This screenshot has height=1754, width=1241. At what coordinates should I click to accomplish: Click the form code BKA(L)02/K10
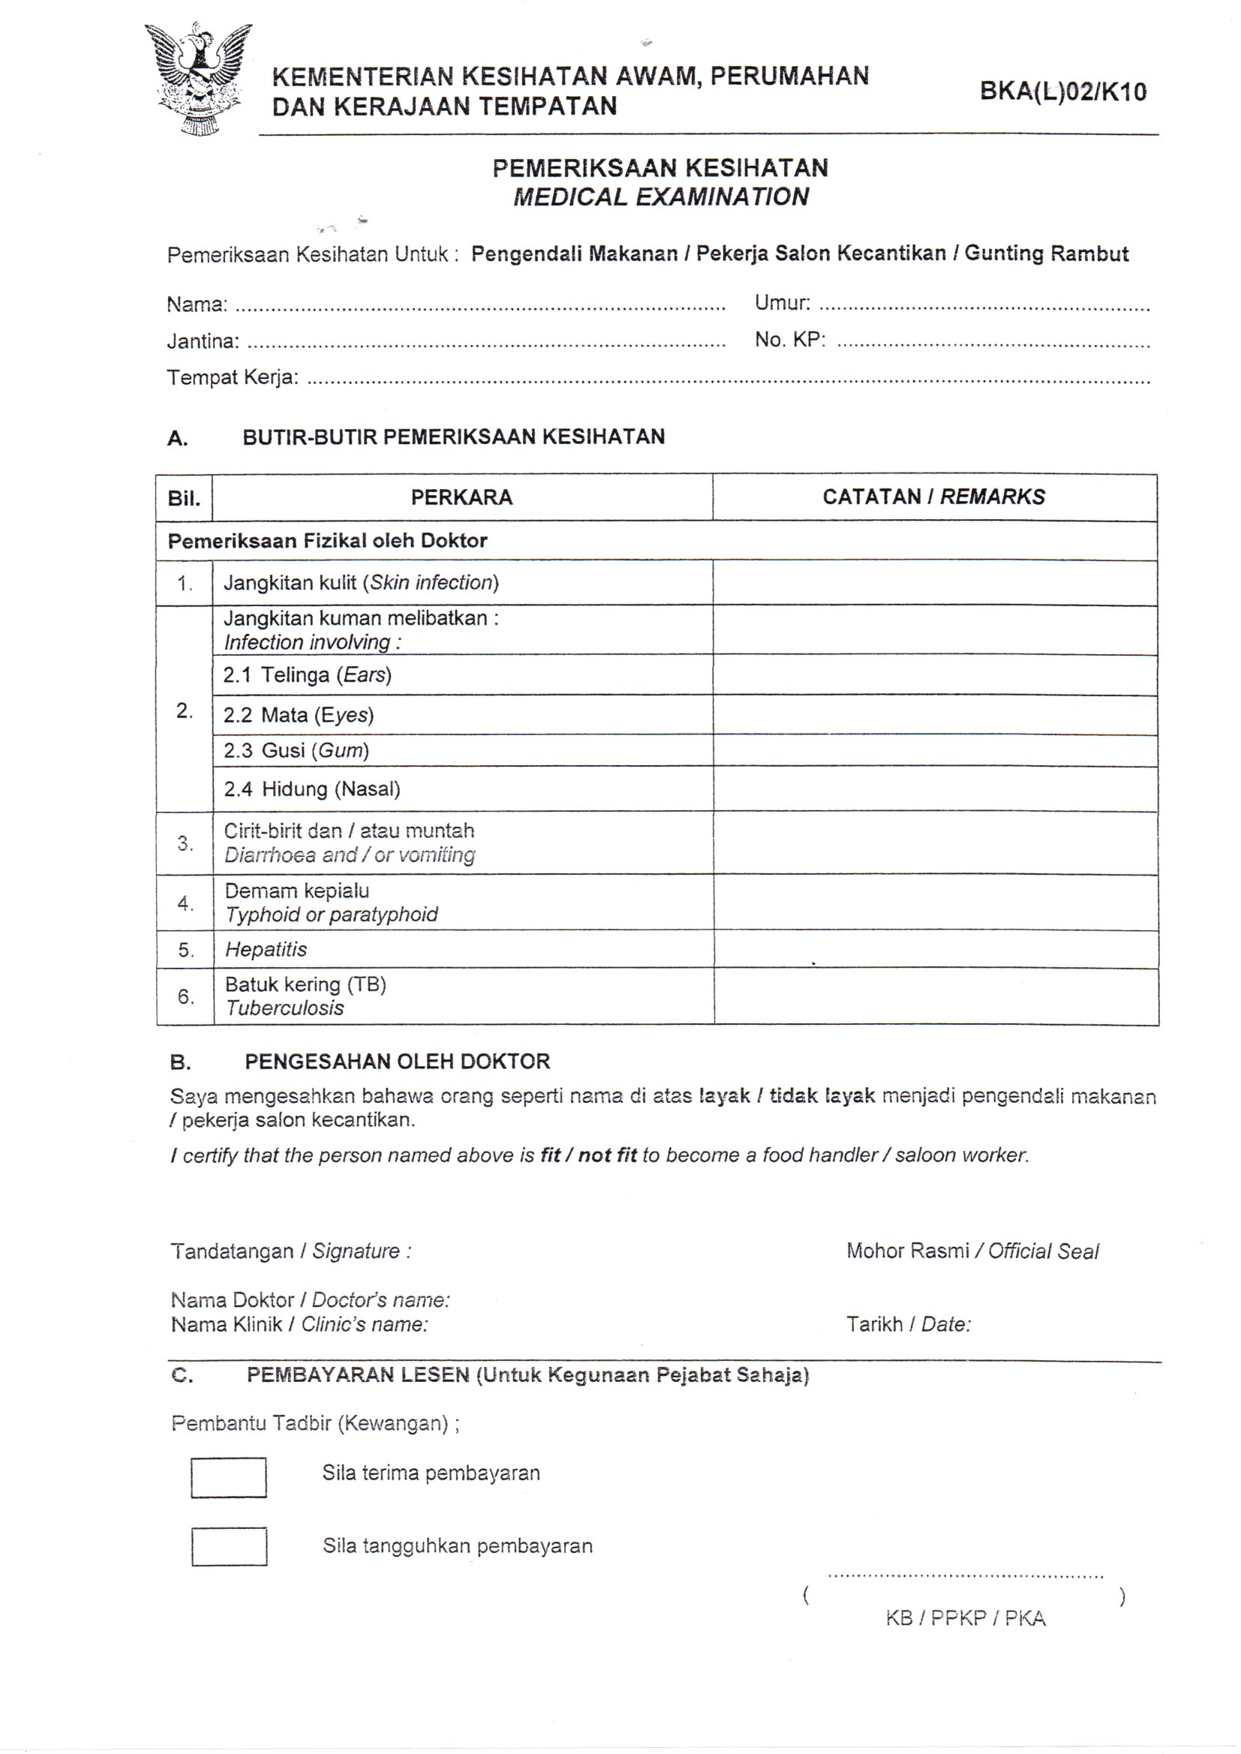1063,92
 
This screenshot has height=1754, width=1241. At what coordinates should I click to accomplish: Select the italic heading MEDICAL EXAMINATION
660,197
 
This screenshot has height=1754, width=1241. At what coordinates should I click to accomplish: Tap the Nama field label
197,305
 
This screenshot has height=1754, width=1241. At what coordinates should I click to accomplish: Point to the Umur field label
782,302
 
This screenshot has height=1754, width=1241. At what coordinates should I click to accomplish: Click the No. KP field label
790,339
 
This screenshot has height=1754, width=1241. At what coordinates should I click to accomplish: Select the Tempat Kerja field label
233,377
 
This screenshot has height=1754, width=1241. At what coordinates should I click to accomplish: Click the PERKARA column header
461,497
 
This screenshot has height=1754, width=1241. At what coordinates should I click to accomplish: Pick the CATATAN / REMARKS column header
933,497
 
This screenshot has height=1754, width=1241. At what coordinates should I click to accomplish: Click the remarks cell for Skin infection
935,583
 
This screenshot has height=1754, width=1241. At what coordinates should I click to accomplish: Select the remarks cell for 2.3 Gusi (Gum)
935,750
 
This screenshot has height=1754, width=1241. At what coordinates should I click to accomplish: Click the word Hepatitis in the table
266,950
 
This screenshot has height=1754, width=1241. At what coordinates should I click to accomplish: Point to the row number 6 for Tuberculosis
185,996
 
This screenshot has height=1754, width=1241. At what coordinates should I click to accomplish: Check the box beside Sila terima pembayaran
229,1477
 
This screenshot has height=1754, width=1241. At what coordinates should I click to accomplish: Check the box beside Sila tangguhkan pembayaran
230,1546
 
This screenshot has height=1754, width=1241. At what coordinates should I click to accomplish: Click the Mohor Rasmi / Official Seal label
972,1251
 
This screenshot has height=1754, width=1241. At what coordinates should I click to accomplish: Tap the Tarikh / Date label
908,1324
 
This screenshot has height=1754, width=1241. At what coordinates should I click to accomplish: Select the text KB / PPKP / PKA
965,1617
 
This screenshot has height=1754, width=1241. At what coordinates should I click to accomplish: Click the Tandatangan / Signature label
290,1251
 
